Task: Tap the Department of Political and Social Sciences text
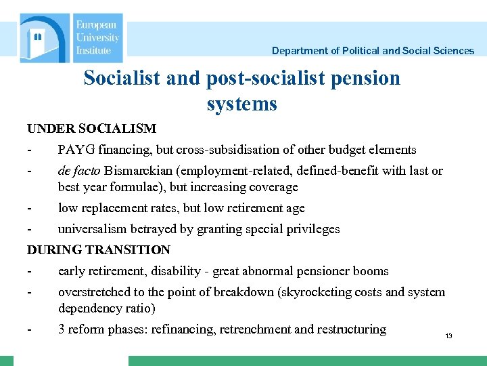click(x=373, y=51)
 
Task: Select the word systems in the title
click(x=242, y=104)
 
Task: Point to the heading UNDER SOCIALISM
click(x=91, y=128)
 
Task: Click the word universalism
click(x=91, y=229)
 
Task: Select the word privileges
click(x=313, y=229)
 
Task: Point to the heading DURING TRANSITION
click(x=99, y=250)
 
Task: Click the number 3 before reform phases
click(x=62, y=329)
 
